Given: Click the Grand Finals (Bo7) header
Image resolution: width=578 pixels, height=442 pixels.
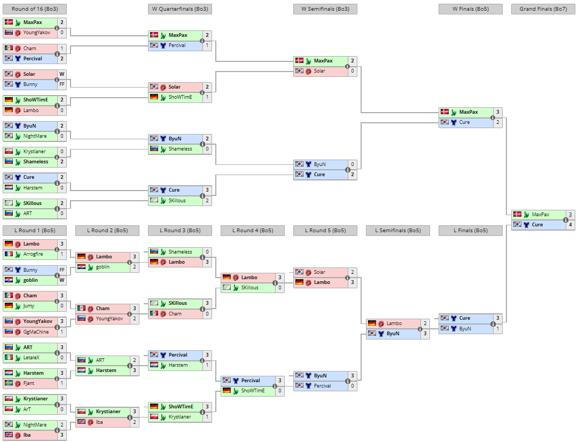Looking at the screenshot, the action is tap(543, 9).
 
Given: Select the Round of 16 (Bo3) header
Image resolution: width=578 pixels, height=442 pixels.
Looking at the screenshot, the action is tap(35, 9).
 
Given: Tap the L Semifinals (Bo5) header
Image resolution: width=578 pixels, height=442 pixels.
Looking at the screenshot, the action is tap(398, 231).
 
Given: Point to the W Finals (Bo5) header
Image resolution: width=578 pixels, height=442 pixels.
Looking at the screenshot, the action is tap(471, 9).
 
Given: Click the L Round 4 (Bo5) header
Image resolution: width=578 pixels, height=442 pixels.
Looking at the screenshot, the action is tap(253, 231).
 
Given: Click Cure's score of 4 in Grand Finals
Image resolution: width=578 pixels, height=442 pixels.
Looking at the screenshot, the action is tap(571, 225).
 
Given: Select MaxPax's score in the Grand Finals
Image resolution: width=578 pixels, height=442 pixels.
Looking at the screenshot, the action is tap(571, 215).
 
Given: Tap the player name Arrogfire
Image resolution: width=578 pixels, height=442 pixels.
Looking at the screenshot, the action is tap(33, 254).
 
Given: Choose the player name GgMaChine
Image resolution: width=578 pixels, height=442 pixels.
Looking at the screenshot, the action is tap(36, 332).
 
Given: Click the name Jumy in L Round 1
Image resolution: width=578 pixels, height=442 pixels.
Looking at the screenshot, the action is tap(29, 306).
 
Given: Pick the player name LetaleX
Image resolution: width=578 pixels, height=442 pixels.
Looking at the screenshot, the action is tap(32, 358).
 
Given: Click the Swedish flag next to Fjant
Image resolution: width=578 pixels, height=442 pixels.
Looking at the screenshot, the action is tap(9, 383).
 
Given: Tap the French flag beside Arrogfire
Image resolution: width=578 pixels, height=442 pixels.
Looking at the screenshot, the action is tap(9, 254).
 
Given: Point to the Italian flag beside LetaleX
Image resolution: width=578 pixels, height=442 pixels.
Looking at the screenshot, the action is tap(9, 357).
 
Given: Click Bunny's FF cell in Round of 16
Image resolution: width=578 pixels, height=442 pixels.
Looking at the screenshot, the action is tap(62, 84).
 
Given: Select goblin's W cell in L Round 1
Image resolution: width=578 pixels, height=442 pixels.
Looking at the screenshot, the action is tap(62, 280).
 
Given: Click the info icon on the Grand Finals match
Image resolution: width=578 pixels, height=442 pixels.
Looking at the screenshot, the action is tap(566, 220).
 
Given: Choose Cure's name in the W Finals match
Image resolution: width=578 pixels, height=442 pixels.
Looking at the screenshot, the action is tap(464, 122).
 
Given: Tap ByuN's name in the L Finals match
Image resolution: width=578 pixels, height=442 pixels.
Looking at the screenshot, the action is tap(465, 328).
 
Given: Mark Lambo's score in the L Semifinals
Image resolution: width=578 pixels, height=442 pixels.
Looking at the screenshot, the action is tap(425, 323).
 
